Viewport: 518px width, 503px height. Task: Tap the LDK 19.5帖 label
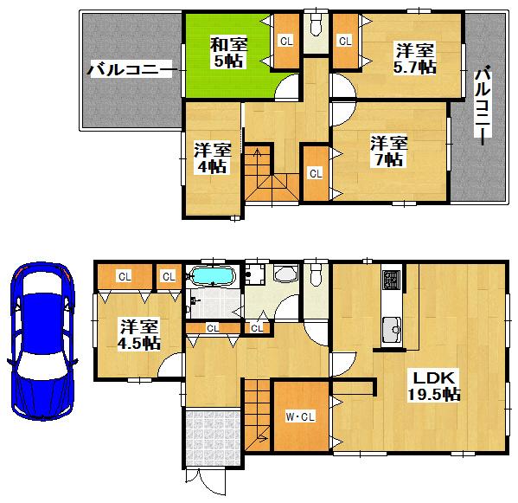coord(434,385)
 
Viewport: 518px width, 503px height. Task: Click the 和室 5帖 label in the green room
coord(229,51)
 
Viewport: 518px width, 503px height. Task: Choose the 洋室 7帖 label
coord(390,150)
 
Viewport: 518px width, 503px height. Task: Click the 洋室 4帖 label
coord(210,157)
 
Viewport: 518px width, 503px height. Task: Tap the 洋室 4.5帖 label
coord(138,334)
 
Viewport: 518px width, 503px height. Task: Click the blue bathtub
coord(212,277)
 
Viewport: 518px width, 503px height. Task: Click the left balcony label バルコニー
coord(131,70)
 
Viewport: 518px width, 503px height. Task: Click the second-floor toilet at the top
coord(316,22)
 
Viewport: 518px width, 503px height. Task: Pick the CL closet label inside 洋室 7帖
coord(315,173)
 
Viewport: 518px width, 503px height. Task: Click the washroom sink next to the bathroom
coord(284,275)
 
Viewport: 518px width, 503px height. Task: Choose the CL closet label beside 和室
coord(285,40)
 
